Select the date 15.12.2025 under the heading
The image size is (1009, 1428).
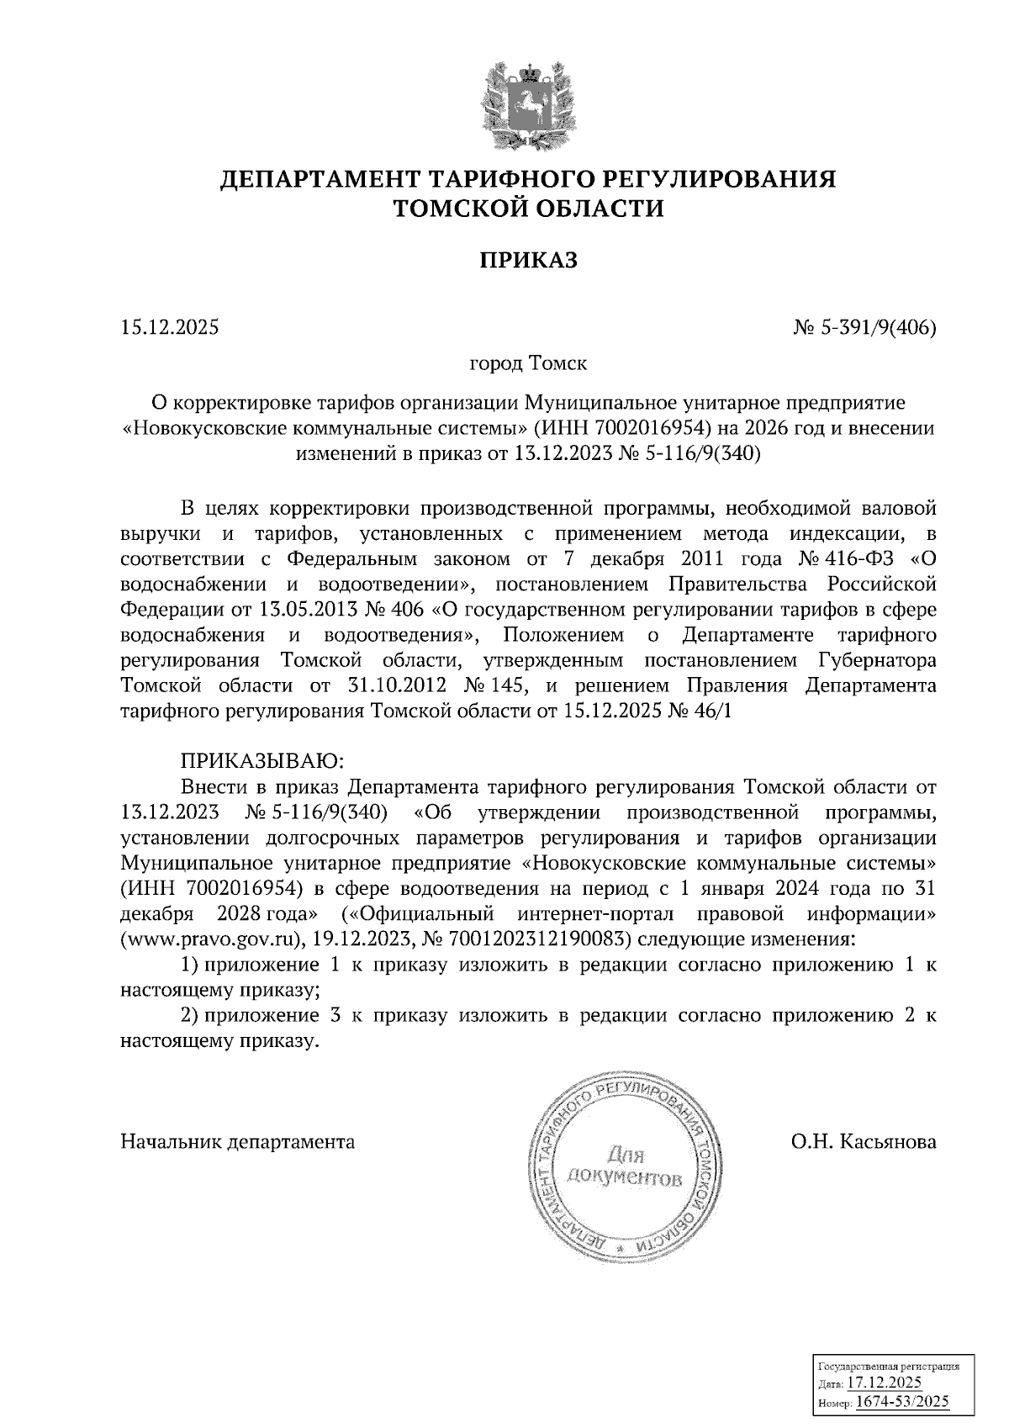(x=169, y=328)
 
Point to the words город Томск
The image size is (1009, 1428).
(x=528, y=364)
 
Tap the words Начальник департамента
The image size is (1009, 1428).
(x=238, y=1142)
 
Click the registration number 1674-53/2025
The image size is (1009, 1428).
(x=901, y=1401)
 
